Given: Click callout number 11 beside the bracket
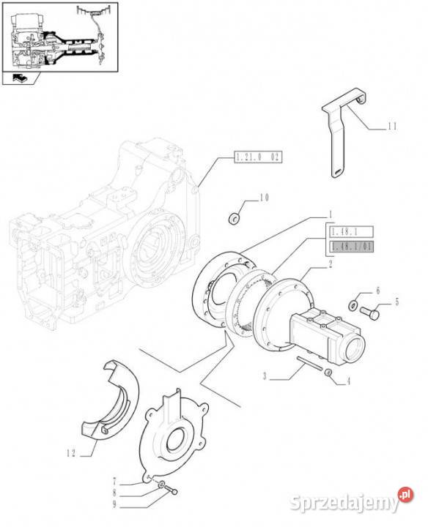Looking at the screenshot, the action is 392,127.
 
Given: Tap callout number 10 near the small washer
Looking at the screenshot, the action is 264,198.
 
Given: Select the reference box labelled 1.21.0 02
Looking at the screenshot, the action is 258,157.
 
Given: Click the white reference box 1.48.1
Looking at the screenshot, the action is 350,231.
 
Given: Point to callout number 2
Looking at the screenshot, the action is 331,264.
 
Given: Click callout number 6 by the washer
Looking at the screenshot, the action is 378,291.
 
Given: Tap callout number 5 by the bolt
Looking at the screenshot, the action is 396,302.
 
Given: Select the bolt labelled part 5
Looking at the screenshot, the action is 370,313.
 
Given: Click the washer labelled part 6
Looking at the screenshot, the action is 354,304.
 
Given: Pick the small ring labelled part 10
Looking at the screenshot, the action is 234,219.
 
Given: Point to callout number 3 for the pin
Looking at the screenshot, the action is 265,376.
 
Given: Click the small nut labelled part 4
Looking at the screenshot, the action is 328,373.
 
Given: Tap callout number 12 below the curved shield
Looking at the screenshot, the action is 71,453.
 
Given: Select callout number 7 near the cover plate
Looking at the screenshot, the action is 115,482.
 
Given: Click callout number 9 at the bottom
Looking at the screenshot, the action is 115,504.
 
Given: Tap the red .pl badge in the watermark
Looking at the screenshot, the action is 406,495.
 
